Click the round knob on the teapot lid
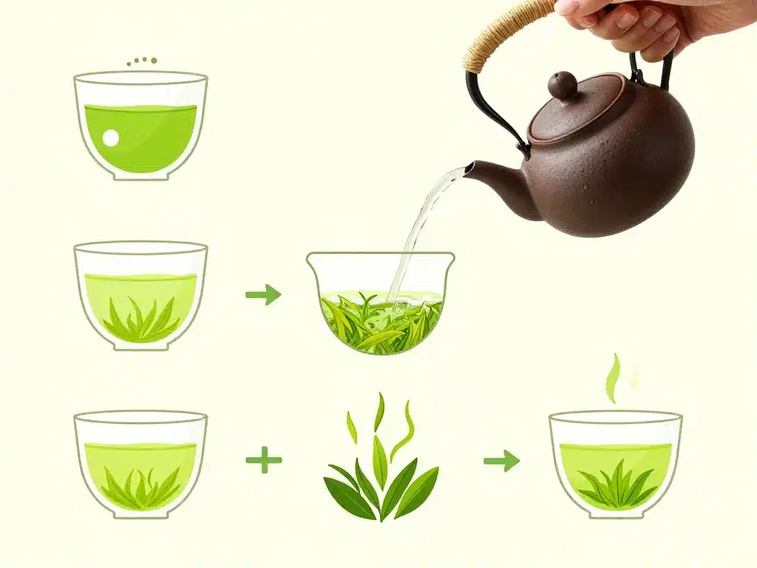coord(563,85)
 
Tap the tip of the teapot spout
coord(469,170)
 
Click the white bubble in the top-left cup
coord(111,138)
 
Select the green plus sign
coord(264,460)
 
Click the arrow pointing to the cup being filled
coord(264,294)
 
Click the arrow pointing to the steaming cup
coord(501,461)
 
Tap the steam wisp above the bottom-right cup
coord(613,377)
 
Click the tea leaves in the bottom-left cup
coord(140,488)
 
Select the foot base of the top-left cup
coord(140,175)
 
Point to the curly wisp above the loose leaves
coord(404,429)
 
